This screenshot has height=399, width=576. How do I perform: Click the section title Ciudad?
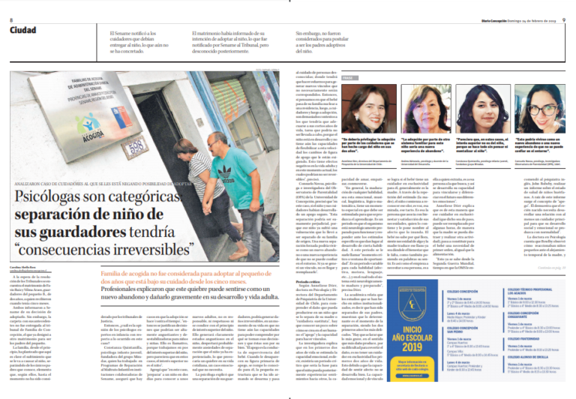[x=23, y=29]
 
